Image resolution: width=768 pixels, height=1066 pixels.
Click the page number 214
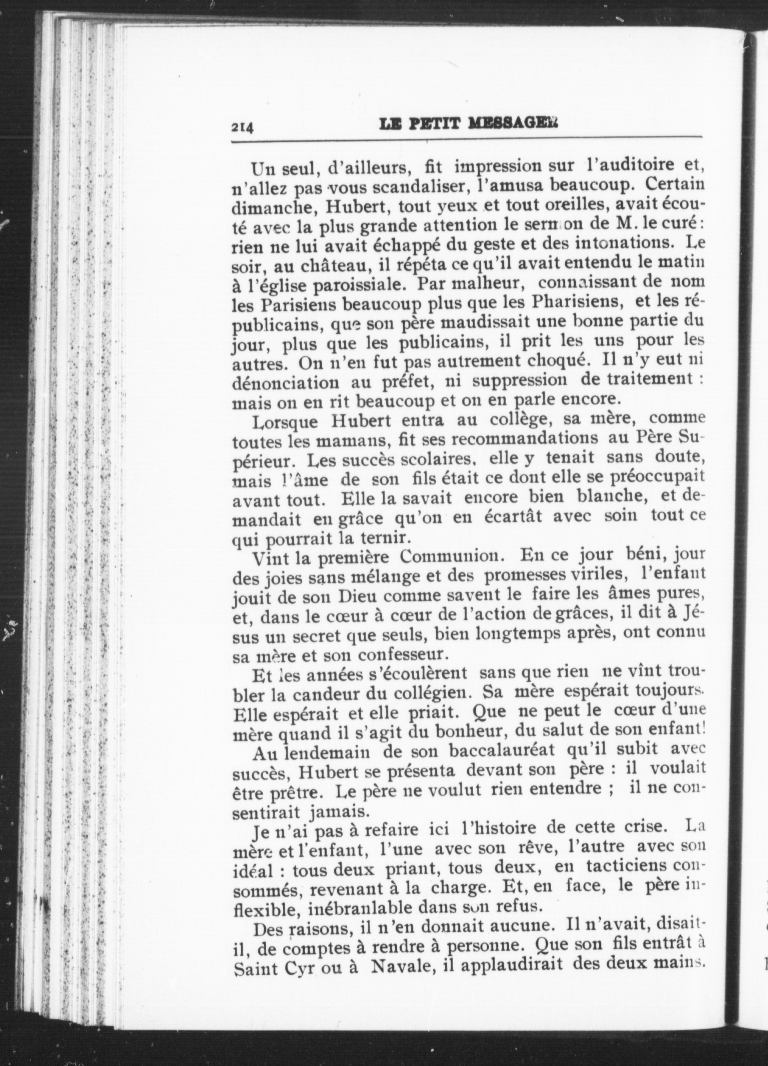coord(242,127)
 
